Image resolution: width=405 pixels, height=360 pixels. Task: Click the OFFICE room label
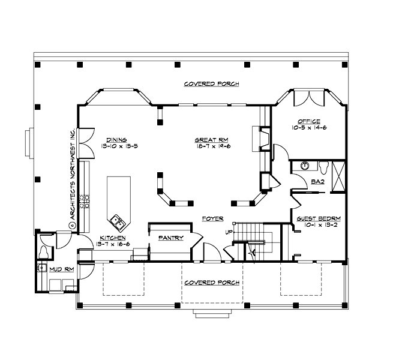309,121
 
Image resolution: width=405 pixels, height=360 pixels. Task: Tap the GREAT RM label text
208,140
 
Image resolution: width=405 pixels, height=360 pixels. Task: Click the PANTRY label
170,238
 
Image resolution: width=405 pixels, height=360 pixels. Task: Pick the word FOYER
213,218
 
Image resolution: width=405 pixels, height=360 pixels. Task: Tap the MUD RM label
62,270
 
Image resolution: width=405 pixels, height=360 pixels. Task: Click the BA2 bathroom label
317,181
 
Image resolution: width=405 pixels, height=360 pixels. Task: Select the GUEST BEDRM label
319,218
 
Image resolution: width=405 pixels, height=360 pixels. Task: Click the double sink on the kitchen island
118,222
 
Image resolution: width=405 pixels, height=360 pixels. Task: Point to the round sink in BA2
304,166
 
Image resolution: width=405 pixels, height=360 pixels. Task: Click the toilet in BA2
323,166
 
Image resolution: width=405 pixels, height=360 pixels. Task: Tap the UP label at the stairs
229,232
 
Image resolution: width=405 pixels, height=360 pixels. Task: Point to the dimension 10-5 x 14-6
309,128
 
